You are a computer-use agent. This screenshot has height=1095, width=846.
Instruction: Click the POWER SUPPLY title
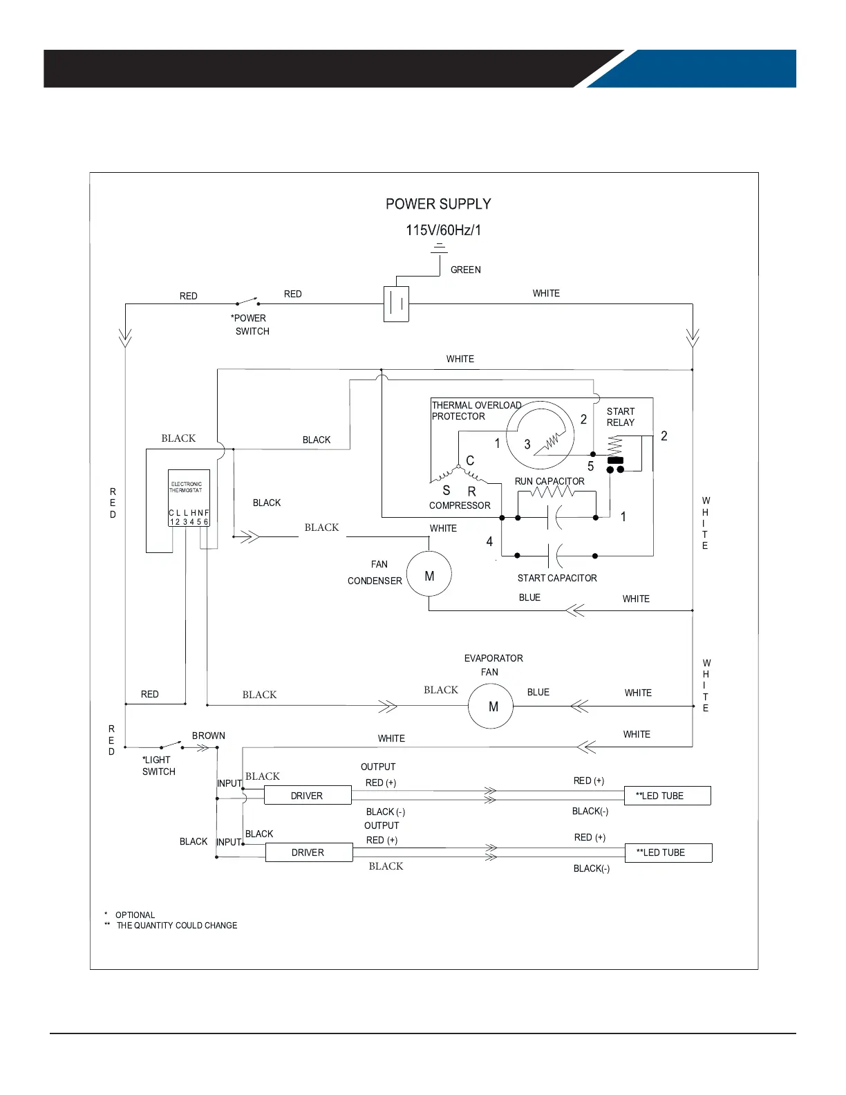pyautogui.click(x=438, y=204)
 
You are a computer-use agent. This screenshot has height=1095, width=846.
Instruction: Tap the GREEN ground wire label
pyautogui.click(x=466, y=270)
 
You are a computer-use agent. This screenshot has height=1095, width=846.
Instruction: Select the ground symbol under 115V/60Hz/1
pyautogui.click(x=440, y=248)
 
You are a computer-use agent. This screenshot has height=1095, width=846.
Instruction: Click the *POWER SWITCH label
pyautogui.click(x=250, y=324)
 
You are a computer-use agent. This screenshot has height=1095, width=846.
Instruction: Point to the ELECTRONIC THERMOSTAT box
pyautogui.click(x=189, y=498)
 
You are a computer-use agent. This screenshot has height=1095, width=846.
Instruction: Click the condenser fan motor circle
pyautogui.click(x=429, y=574)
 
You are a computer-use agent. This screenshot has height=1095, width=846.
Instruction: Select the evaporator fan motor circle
pyautogui.click(x=491, y=706)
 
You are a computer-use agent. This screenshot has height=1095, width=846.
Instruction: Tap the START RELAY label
pyautogui.click(x=621, y=417)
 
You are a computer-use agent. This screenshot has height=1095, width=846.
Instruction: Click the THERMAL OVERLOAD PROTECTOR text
pyautogui.click(x=476, y=411)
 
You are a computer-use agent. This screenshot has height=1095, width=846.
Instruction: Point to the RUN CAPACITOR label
pyautogui.click(x=549, y=481)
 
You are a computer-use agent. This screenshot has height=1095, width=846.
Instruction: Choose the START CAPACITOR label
pyautogui.click(x=557, y=578)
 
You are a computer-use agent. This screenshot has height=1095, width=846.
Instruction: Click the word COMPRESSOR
pyautogui.click(x=460, y=505)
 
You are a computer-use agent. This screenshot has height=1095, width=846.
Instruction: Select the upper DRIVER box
pyautogui.click(x=308, y=795)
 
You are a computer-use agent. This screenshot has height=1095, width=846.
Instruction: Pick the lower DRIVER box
pyautogui.click(x=309, y=852)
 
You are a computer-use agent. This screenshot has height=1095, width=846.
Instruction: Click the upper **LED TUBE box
pyautogui.click(x=668, y=796)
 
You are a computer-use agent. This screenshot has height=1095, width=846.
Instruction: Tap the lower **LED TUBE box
pyautogui.click(x=668, y=852)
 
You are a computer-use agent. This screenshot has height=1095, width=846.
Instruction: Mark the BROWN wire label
pyautogui.click(x=209, y=736)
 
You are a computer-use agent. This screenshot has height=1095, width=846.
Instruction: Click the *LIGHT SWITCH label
pyautogui.click(x=158, y=765)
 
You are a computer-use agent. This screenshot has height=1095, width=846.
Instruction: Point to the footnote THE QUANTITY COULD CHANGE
pyautogui.click(x=177, y=925)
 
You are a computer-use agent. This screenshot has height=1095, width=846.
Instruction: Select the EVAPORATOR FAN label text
pyautogui.click(x=493, y=665)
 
